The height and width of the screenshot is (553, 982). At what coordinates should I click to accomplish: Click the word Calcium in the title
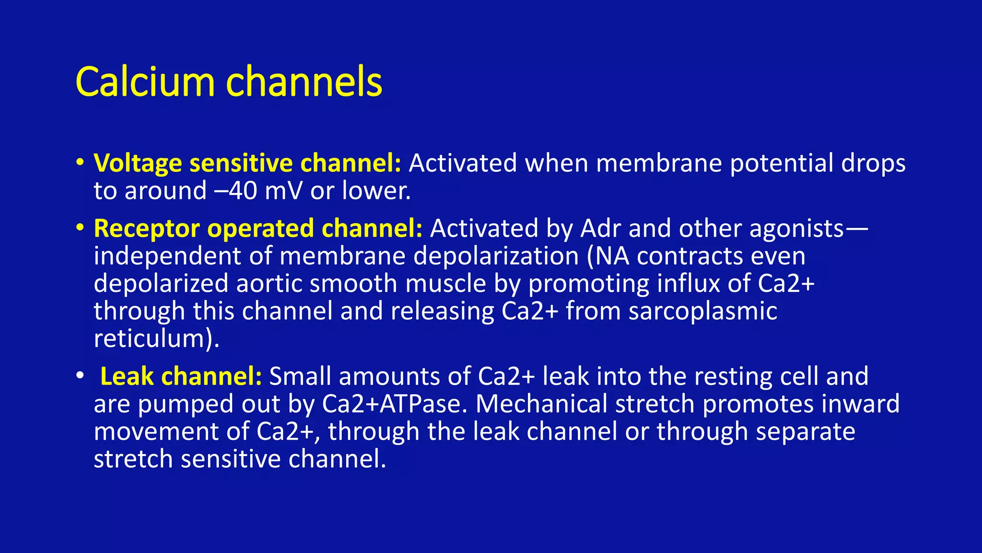click(x=145, y=82)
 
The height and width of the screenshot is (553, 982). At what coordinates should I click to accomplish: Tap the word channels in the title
click(x=304, y=82)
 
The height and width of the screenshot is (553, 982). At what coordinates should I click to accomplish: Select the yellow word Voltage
click(x=138, y=163)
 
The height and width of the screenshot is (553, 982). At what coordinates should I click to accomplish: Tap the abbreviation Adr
click(x=601, y=228)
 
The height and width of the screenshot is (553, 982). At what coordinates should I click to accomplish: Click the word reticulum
click(x=153, y=338)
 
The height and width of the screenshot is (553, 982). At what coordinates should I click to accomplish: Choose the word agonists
click(x=796, y=228)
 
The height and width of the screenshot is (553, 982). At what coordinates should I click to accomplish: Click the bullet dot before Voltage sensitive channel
click(x=80, y=161)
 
